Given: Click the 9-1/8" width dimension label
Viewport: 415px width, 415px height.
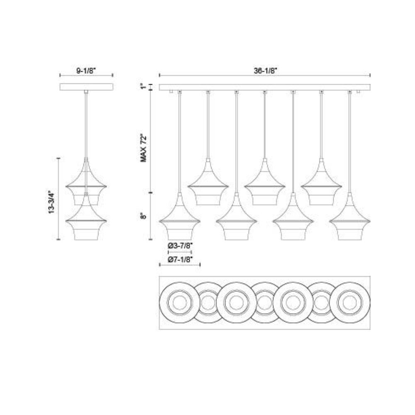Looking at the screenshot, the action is click(87, 71).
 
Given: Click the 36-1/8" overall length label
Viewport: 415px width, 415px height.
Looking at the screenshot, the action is click(265, 71).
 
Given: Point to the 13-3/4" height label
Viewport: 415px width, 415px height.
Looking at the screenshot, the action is click(51, 202).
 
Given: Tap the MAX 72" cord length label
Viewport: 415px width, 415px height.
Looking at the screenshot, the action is click(144, 148).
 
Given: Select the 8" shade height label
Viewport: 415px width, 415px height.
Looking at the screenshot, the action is click(144, 216).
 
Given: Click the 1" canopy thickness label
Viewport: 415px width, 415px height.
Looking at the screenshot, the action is click(144, 87).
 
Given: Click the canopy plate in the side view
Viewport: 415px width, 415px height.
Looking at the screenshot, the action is click(87, 87).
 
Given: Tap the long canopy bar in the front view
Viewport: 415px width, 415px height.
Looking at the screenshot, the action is click(265, 87).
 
